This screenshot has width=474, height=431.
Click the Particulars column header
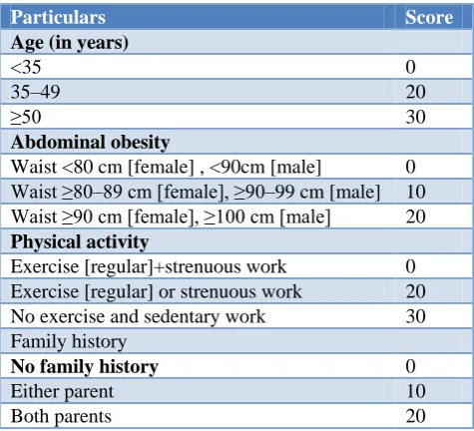(x=58, y=17)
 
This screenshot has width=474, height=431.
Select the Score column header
(x=429, y=17)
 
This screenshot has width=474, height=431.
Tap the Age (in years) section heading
(x=70, y=43)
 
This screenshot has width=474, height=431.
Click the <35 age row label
(x=26, y=67)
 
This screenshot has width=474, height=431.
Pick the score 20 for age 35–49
(x=415, y=92)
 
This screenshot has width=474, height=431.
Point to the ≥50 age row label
(x=26, y=117)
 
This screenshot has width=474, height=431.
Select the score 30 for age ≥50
(x=415, y=117)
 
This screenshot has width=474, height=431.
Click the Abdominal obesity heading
(x=91, y=143)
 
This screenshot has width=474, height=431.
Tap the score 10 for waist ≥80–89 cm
(x=416, y=192)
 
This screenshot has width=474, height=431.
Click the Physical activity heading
(x=80, y=242)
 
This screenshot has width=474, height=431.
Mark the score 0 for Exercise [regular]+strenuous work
(x=410, y=266)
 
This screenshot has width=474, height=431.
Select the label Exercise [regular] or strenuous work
(x=157, y=291)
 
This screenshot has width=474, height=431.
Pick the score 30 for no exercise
(x=415, y=316)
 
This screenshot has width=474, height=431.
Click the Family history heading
(x=69, y=342)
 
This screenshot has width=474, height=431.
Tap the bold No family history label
(x=85, y=366)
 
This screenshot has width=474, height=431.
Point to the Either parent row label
(x=62, y=392)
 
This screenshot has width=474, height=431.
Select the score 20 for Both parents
(x=415, y=416)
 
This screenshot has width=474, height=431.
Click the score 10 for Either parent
(x=416, y=391)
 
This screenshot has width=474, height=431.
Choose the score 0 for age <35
(x=410, y=67)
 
